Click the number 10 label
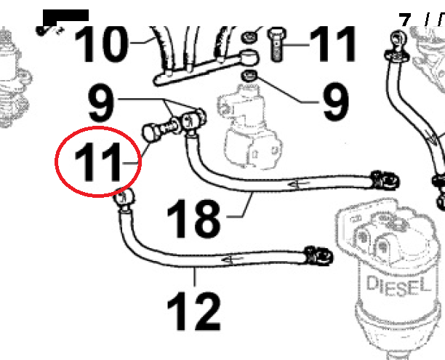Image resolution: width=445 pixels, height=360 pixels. click(x=101, y=44)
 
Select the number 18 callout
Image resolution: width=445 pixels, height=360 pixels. click(x=193, y=218)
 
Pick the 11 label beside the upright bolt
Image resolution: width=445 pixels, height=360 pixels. click(x=332, y=44)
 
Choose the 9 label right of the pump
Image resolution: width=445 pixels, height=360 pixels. click(x=337, y=101)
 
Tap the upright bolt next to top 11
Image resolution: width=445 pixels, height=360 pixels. click(x=277, y=44)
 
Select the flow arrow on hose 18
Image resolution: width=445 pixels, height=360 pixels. click(x=298, y=185)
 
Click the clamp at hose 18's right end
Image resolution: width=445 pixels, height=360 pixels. click(x=385, y=180)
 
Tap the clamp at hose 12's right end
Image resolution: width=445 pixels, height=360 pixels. click(x=318, y=255)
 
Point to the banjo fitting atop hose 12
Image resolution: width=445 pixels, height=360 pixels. click(x=124, y=199)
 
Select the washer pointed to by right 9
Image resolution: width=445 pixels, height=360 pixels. click(x=249, y=76)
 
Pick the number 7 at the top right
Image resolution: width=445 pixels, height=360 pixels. click(x=405, y=20)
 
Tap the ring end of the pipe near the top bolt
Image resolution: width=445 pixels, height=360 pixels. click(x=249, y=57)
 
